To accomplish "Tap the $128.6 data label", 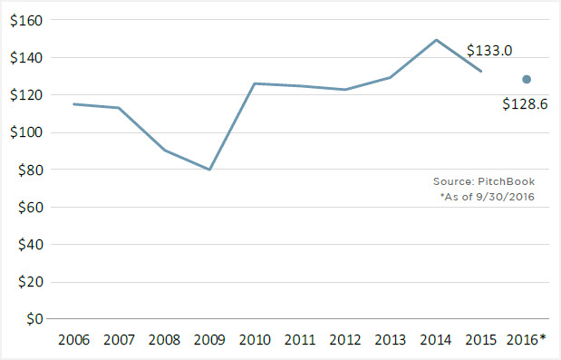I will point(525,104).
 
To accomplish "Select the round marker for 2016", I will point(527,79).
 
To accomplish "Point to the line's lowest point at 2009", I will point(208,170).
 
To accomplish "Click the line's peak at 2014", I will point(436,40).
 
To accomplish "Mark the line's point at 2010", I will point(255,83).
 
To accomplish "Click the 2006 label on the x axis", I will point(73,340).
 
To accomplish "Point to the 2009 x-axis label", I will point(208,340).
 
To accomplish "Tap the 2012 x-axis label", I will point(345,340).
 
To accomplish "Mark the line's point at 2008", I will point(163,150).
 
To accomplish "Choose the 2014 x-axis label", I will point(436,340).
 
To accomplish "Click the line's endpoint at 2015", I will point(481,71).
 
